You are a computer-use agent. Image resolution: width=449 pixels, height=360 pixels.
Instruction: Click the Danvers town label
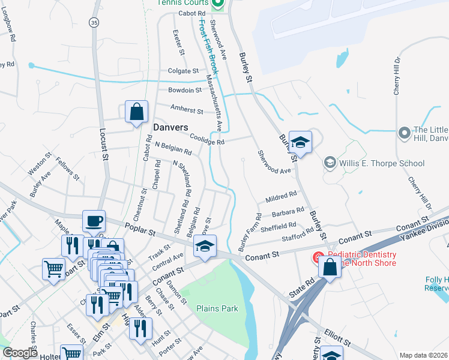pos(170,127)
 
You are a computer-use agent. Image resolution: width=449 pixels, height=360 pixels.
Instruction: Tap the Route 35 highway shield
pos(94,22)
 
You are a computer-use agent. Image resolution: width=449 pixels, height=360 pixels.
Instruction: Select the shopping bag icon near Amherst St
pos(137,112)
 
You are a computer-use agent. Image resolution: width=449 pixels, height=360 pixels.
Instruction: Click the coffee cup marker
pos(94,221)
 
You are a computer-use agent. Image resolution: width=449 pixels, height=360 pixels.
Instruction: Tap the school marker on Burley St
pos(300,143)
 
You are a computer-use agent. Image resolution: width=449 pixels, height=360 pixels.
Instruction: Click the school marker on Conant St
pos(205,247)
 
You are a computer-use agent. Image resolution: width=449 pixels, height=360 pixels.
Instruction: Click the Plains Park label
pos(217,308)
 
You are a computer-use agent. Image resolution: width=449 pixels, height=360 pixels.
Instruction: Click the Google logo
pos(20,353)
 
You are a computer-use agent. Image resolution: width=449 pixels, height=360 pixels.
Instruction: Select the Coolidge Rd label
pos(206,139)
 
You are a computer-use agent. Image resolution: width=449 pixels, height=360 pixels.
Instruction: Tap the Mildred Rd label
pos(281,196)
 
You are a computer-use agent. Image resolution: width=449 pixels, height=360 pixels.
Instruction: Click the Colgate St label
pos(183,70)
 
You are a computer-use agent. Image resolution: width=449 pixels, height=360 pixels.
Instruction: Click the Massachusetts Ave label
pos(214,103)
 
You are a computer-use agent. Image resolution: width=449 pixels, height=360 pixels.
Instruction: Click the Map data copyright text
pos(423,355)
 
